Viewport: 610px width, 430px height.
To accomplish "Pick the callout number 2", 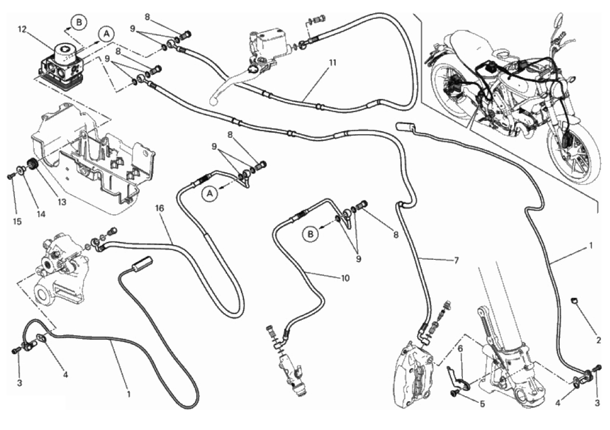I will click(x=598, y=339).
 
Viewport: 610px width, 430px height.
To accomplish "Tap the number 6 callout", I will click(x=460, y=349).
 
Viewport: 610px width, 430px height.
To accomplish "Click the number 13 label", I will click(x=62, y=202).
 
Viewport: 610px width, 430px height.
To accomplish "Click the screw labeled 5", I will click(x=455, y=393).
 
